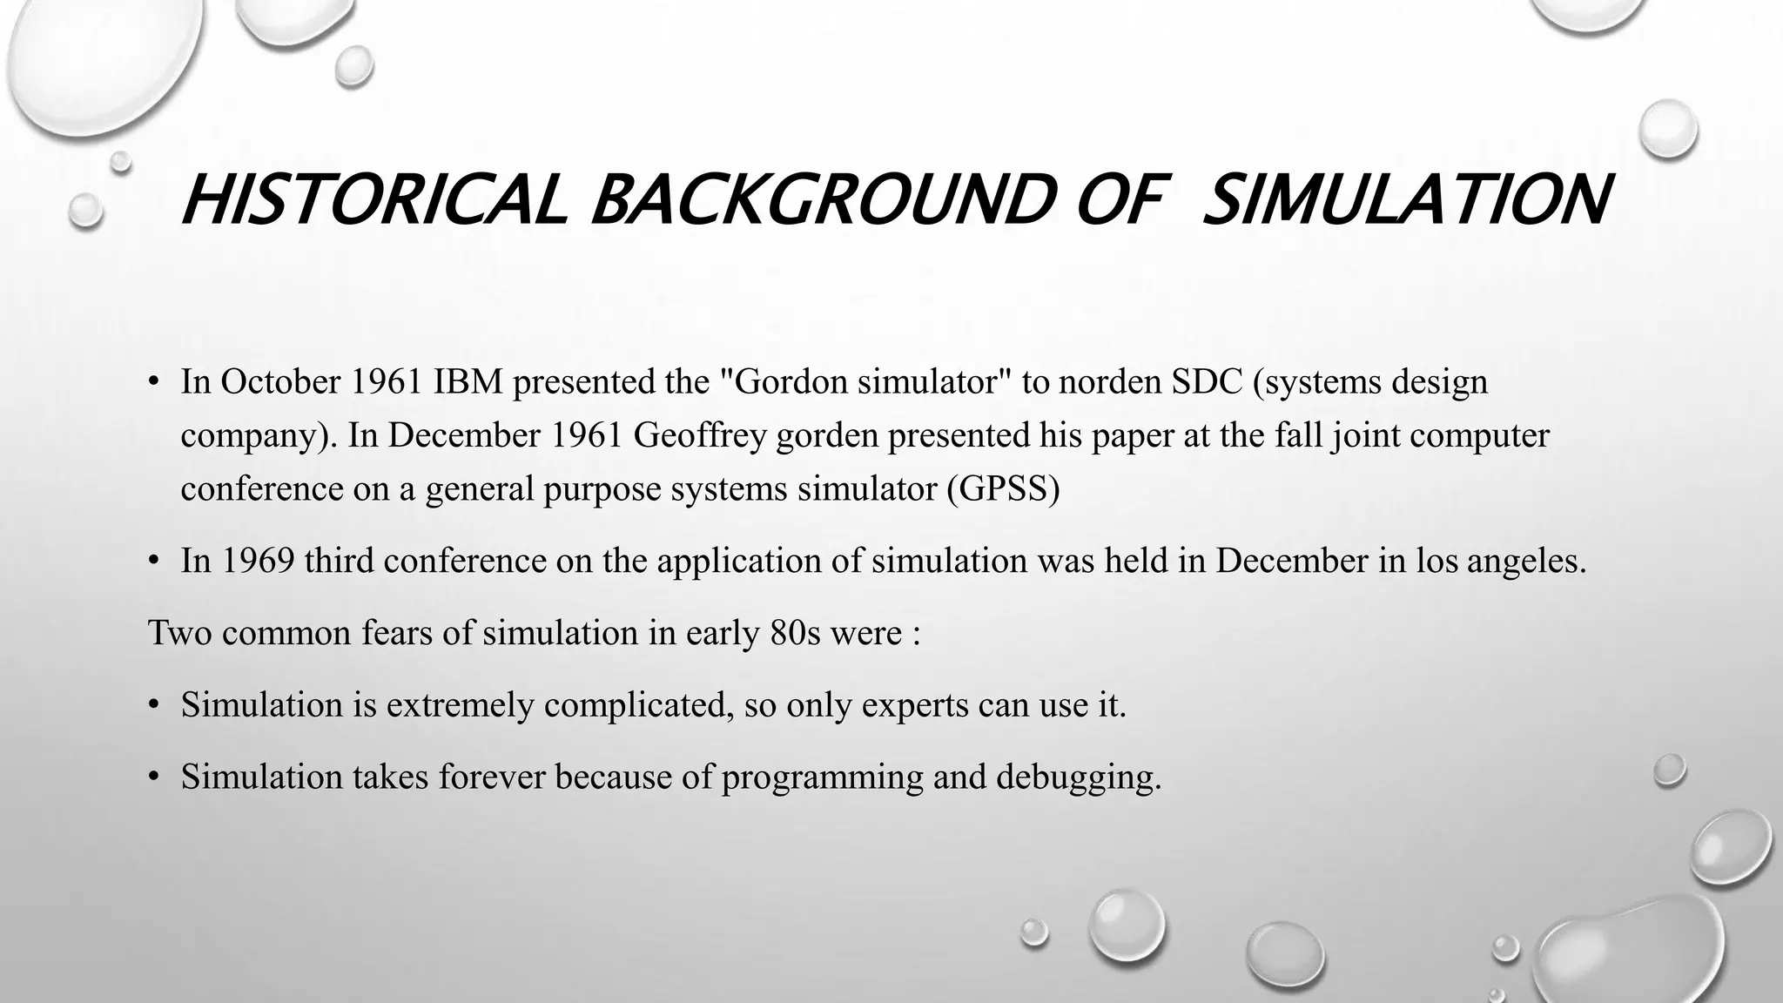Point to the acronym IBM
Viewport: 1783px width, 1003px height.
(468, 381)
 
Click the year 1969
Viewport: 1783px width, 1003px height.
(258, 561)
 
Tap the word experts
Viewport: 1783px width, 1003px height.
(914, 704)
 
